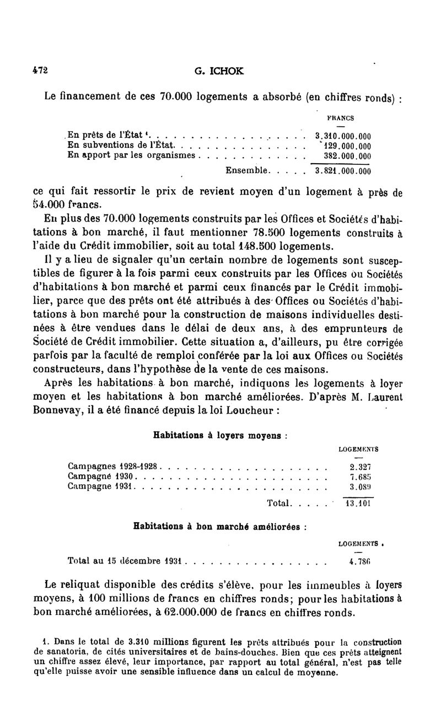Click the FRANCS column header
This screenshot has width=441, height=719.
pos(341,117)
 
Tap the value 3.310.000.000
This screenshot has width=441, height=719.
pos(342,136)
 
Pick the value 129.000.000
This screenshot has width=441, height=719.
pos(346,146)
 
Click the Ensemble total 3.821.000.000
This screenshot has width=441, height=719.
pos(342,171)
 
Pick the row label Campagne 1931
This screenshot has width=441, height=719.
pos(102,486)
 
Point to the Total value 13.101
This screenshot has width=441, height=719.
pos(357,503)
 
